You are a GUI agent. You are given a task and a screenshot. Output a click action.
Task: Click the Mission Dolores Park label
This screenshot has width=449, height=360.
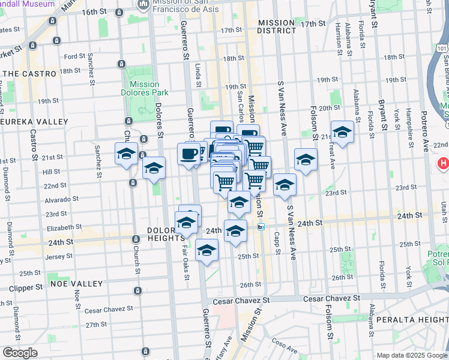[144, 88]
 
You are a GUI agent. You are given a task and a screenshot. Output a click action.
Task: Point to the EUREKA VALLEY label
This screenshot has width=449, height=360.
[26, 121]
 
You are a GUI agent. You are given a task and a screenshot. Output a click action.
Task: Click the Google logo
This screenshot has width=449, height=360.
[20, 352]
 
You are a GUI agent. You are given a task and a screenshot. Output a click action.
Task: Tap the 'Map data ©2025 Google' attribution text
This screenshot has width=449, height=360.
[412, 355]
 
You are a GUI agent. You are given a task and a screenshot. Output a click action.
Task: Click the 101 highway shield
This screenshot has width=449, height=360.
[442, 47]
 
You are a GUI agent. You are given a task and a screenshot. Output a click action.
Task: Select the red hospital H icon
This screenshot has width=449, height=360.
[443, 163]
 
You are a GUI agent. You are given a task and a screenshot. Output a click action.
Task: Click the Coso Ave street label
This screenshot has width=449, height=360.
[284, 345]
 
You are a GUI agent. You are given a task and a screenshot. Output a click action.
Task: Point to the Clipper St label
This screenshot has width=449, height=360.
[26, 287]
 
